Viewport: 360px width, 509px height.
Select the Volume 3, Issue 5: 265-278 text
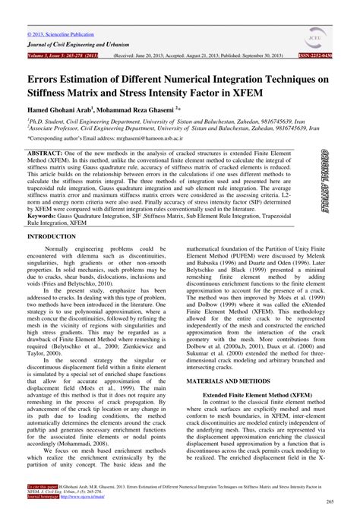[65, 56]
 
